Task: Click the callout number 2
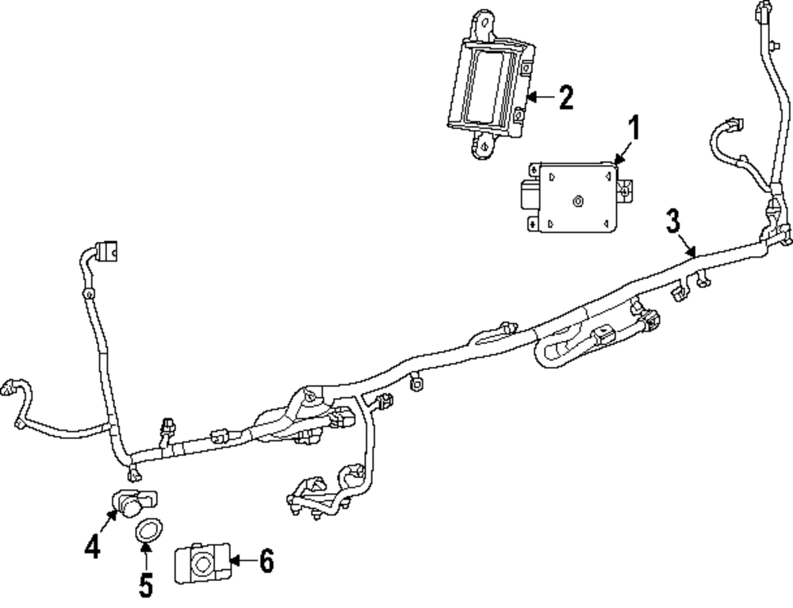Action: [565, 98]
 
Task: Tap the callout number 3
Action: [672, 222]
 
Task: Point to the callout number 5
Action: [146, 584]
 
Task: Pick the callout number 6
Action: [266, 562]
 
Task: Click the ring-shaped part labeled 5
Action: [147, 530]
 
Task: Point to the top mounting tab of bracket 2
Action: [482, 25]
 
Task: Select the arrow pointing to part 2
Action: [538, 98]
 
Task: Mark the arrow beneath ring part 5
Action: [146, 553]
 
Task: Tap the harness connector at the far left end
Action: [10, 386]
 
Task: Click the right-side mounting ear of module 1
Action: [626, 189]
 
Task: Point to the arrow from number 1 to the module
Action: [623, 153]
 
